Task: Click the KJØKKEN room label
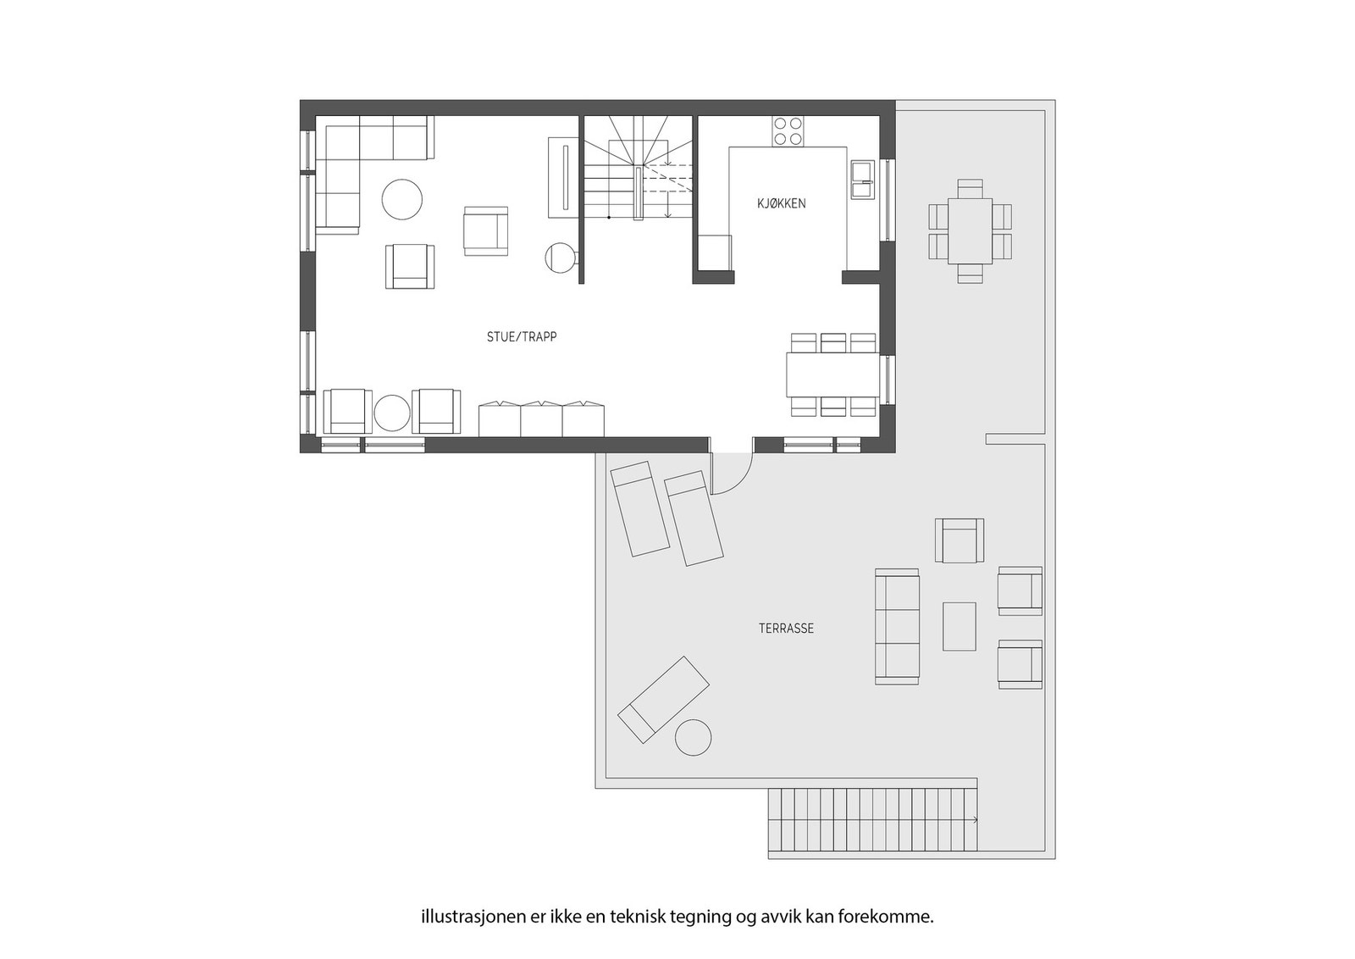[x=781, y=204]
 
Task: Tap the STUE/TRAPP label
[x=522, y=337]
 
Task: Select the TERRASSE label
[x=787, y=629]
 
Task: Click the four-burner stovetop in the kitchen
[x=788, y=131]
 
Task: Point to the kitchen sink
[x=863, y=179]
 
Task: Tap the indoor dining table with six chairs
[x=833, y=374]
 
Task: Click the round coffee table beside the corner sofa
[x=402, y=200]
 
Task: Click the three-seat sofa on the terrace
[x=897, y=626]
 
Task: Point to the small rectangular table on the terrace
[x=960, y=626]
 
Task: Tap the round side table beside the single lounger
[x=694, y=738]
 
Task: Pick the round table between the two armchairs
[x=393, y=413]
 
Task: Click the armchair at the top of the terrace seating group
[x=960, y=540]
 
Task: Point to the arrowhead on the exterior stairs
[x=975, y=820]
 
